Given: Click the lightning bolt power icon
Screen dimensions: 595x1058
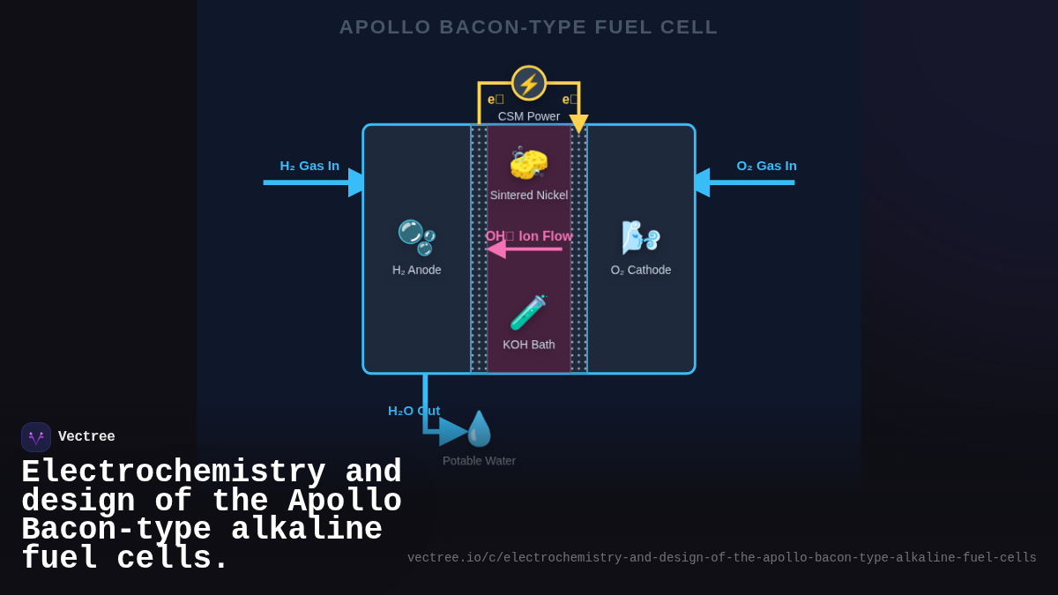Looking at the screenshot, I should pos(529,84).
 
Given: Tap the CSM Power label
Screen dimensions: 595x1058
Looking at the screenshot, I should pos(529,116).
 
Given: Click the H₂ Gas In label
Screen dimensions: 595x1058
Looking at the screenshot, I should pos(309,166).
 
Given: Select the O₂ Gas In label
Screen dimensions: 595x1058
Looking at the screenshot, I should pos(766,166).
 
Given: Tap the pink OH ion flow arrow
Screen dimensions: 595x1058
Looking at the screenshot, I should pos(525,249).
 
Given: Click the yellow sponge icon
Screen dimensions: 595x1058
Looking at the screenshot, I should pos(529,163).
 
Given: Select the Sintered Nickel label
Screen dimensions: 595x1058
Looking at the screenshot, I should pos(529,195).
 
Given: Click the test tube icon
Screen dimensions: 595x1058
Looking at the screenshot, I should pos(529,313).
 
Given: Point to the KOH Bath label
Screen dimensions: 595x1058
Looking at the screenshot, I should pos(529,345).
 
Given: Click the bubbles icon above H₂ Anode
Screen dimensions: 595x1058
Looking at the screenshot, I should pos(416,237).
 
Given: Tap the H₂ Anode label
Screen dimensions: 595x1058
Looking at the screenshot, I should pos(417,270).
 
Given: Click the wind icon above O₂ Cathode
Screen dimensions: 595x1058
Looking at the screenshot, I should pos(641,237).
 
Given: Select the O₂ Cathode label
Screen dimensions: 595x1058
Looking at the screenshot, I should pos(641,270).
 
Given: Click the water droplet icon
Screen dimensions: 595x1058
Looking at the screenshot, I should pos(479,429).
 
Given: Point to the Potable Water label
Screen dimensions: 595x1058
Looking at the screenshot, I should pos(479,461).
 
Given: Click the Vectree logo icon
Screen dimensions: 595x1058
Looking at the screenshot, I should pos(36,437).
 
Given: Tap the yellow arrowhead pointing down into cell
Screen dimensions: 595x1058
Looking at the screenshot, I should pos(578,123).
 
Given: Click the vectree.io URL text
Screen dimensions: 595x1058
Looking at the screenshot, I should pos(721,558).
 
